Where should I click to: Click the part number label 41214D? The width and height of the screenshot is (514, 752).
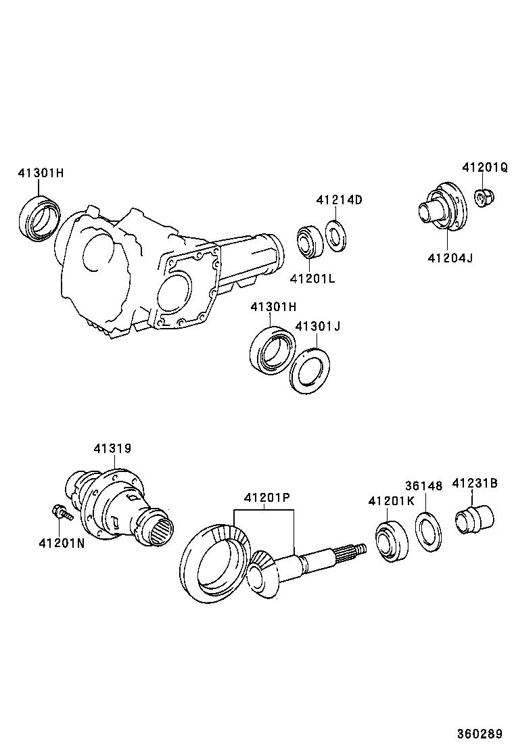point(339,199)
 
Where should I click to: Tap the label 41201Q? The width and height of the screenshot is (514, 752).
point(485,167)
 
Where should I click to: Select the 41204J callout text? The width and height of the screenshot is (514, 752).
point(450,258)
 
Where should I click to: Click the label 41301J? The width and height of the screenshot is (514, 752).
point(317,326)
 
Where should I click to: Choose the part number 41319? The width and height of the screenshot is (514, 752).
point(112,448)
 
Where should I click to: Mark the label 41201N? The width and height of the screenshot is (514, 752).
point(62,542)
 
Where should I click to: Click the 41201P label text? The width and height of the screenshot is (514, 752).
point(266,498)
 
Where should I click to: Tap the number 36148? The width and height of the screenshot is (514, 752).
point(423,486)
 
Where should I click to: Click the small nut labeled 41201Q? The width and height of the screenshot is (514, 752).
point(484,198)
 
